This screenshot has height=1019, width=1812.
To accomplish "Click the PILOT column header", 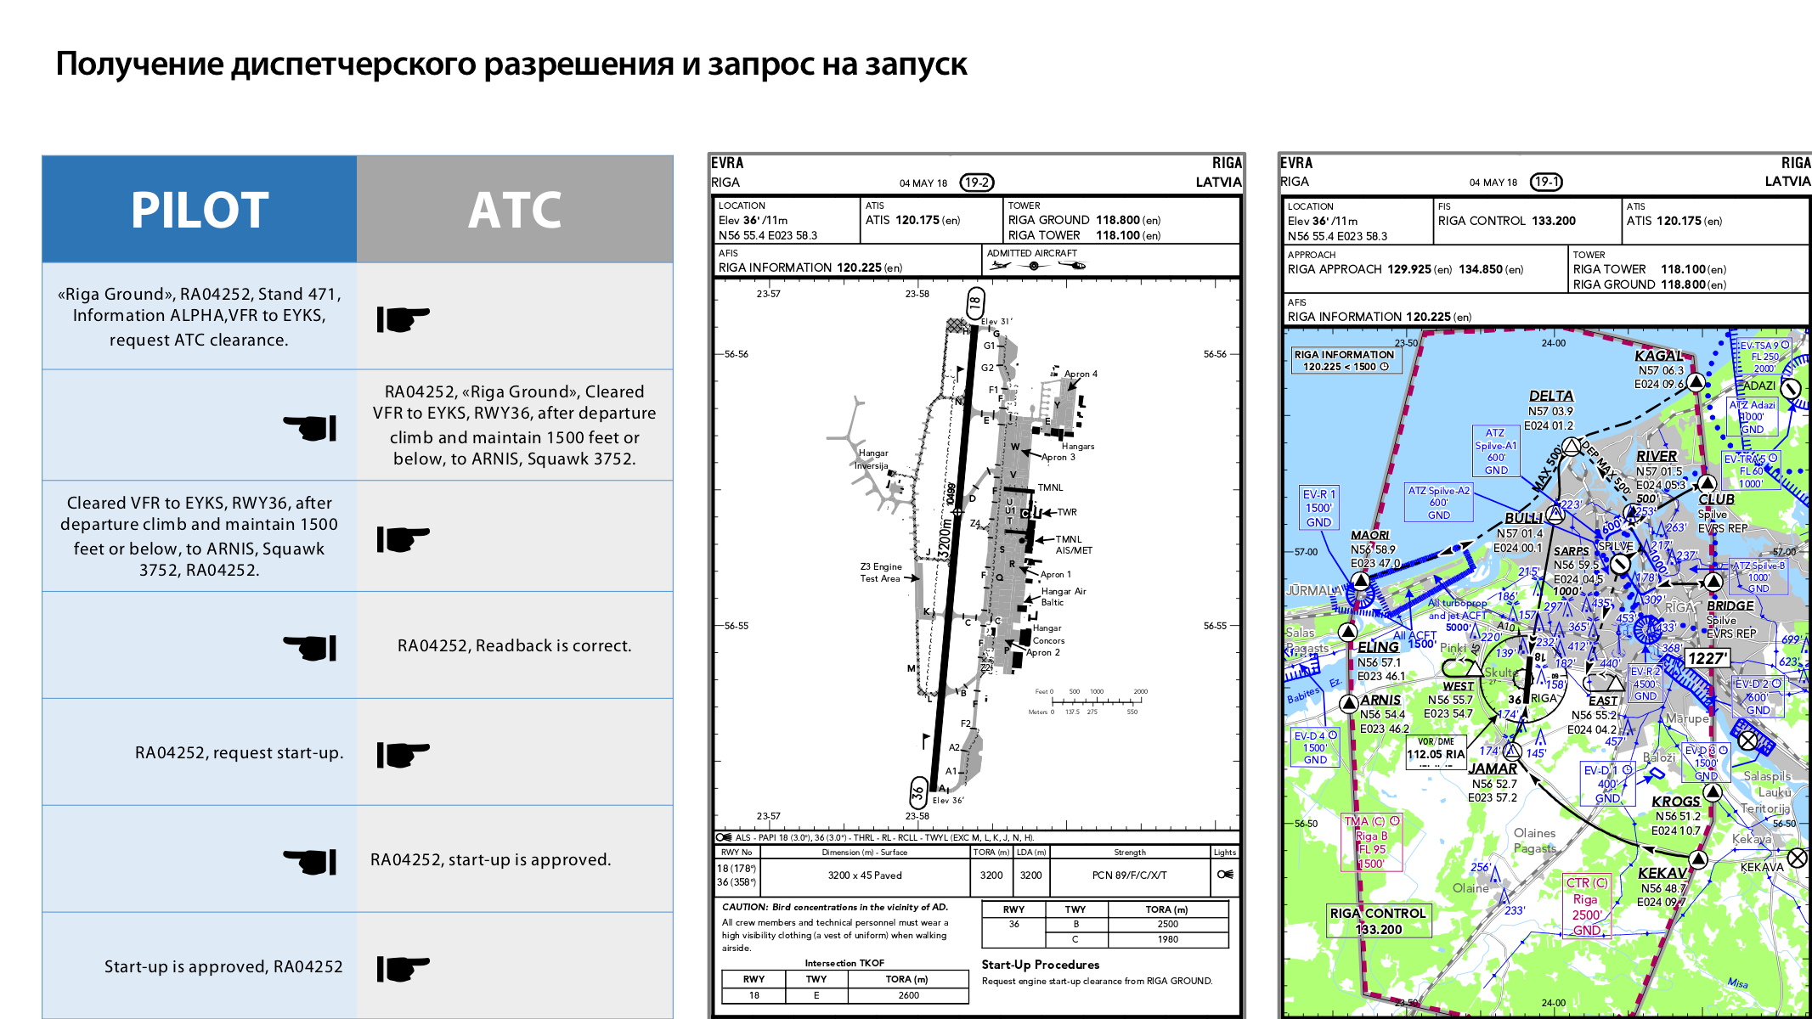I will [x=200, y=210].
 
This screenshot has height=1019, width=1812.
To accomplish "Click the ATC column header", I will [x=515, y=210].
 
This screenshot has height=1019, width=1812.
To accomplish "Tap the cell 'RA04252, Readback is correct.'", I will [x=514, y=645].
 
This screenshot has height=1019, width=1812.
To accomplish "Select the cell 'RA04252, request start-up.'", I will [x=239, y=752].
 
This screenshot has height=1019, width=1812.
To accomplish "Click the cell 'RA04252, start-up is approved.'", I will [x=490, y=859].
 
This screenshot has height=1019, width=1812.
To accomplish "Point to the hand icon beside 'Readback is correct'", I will [x=310, y=647].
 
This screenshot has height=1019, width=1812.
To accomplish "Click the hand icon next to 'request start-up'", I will [x=403, y=753].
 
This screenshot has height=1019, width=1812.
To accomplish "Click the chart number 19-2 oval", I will [x=976, y=183].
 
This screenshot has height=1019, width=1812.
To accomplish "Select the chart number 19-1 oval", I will [x=1546, y=182].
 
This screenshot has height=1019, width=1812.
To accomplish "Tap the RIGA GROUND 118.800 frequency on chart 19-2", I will [x=1084, y=220].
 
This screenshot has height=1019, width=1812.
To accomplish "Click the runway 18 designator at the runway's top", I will [x=975, y=301].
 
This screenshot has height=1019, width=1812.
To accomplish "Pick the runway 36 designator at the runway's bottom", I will [x=918, y=793].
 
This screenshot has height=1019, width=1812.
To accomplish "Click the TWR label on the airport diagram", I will [x=1067, y=512].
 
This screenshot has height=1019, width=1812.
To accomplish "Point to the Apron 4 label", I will [x=1081, y=374].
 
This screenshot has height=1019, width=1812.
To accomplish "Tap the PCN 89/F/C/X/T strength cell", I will [x=1129, y=875].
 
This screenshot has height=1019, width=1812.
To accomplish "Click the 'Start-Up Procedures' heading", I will [x=1040, y=965].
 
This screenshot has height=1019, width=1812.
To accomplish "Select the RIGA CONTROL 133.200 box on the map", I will [x=1378, y=921].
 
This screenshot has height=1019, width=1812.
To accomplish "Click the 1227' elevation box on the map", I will [x=1707, y=658].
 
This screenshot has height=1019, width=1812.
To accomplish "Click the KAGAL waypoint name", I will [x=1658, y=356].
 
